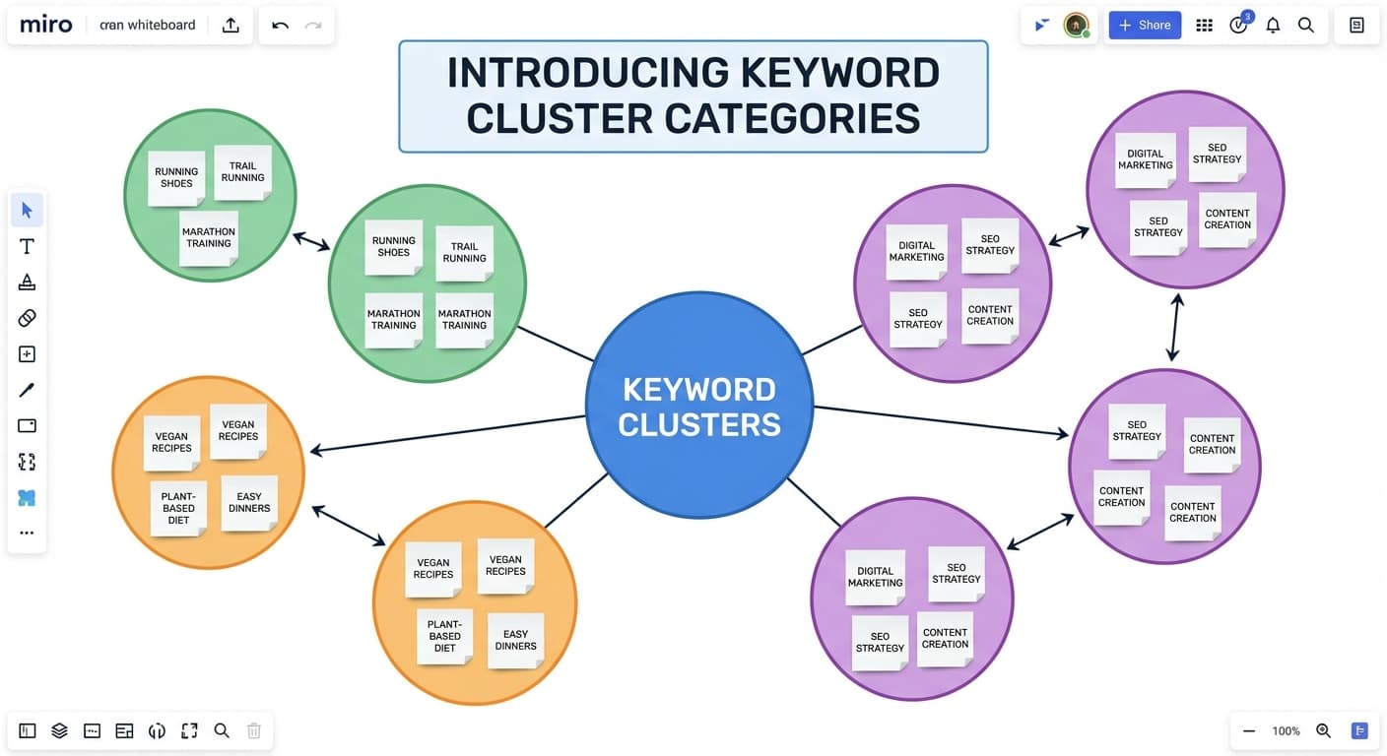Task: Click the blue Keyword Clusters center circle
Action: pos(698,406)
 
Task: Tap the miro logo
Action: pos(45,25)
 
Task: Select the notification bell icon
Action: pos(1273,26)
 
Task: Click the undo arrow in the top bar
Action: pos(280,26)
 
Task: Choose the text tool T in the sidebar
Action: pos(27,246)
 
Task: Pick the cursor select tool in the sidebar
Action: pos(27,210)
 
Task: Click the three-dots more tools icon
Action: pos(27,533)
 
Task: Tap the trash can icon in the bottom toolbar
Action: pos(253,730)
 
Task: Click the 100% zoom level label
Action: pos(1286,730)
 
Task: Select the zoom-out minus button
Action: pos(1249,730)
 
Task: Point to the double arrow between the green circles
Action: pos(311,241)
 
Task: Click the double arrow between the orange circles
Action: pos(349,526)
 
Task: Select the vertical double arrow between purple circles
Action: pos(1174,327)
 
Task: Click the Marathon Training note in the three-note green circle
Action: pos(208,238)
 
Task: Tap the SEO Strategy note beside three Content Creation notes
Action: pos(1137,431)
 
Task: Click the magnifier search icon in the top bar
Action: pos(1306,26)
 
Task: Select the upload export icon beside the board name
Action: pos(231,26)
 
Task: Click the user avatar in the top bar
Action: pos(1076,26)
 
